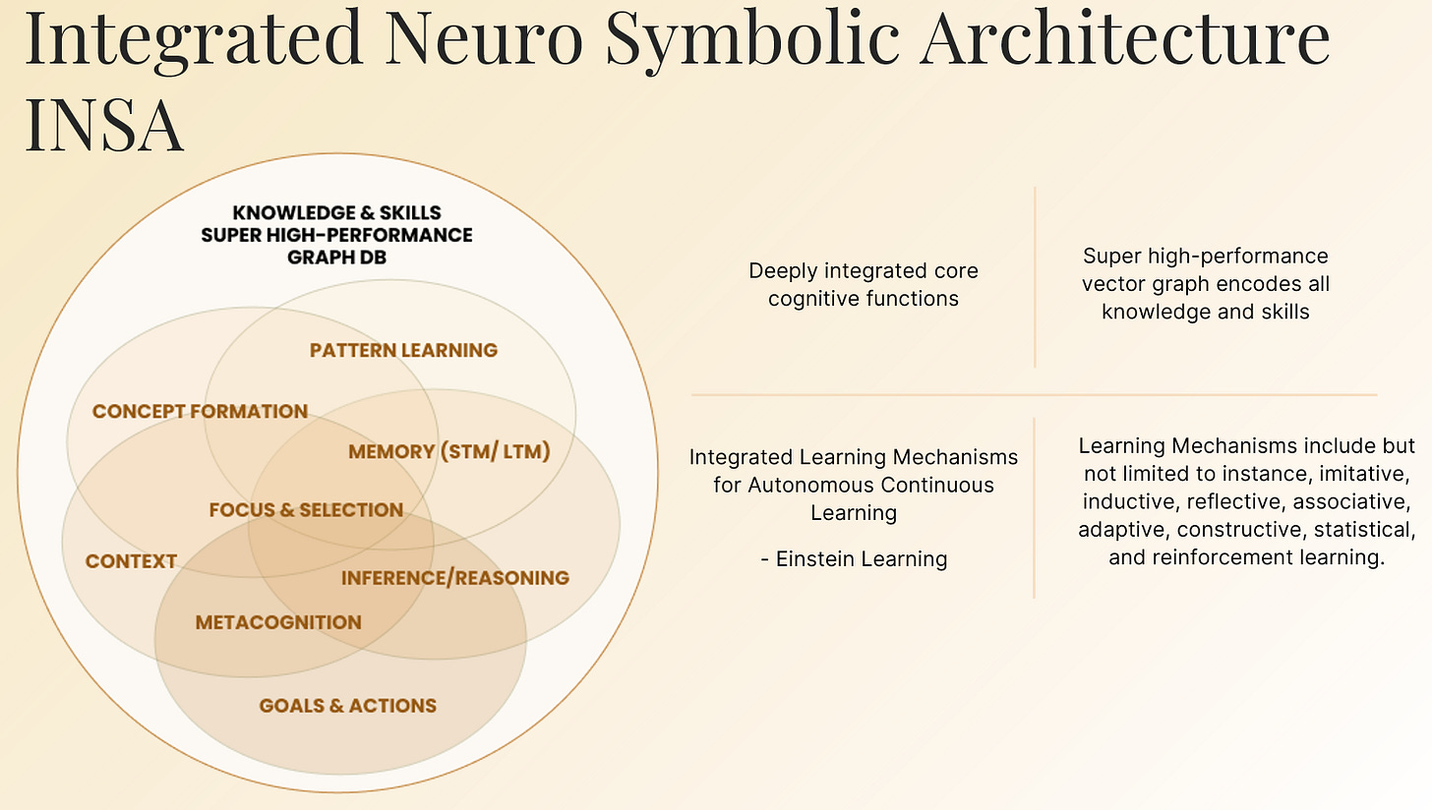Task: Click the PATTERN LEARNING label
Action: (403, 350)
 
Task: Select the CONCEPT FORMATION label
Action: (200, 411)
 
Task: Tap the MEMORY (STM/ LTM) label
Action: (448, 451)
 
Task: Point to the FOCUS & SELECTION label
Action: (306, 509)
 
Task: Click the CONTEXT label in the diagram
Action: (131, 561)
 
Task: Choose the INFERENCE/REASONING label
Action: (454, 577)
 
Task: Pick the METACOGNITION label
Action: (278, 622)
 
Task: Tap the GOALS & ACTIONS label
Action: (347, 705)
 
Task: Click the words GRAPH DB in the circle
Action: (336, 257)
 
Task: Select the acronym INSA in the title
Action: (104, 125)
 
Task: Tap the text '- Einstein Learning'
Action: (854, 559)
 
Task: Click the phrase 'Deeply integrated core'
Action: (864, 270)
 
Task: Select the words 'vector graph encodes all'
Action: (1205, 283)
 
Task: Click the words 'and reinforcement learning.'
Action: (1246, 557)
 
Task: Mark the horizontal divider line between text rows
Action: (1033, 394)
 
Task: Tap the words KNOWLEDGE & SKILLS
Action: (336, 212)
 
